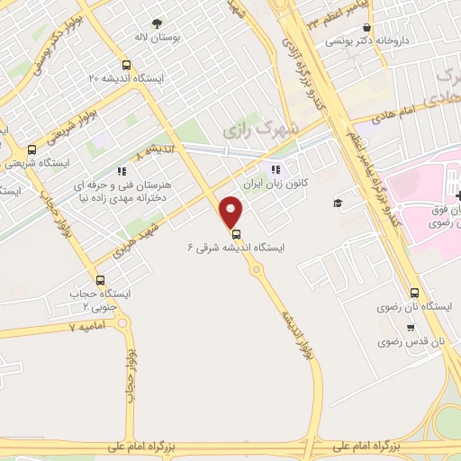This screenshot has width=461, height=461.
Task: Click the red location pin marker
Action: (232, 212)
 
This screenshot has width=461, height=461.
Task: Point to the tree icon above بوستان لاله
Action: (158, 24)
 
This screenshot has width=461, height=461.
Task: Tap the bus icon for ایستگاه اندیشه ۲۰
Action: (125, 65)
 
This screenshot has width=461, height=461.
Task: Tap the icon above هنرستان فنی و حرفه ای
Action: (122, 170)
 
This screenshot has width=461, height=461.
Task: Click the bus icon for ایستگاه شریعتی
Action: (32, 150)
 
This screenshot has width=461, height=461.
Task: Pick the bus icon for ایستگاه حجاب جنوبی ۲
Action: (99, 279)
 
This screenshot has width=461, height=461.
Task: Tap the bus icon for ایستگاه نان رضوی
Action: (414, 293)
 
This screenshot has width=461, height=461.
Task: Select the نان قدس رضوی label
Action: (412, 342)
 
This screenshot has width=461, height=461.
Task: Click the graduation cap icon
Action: (337, 203)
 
